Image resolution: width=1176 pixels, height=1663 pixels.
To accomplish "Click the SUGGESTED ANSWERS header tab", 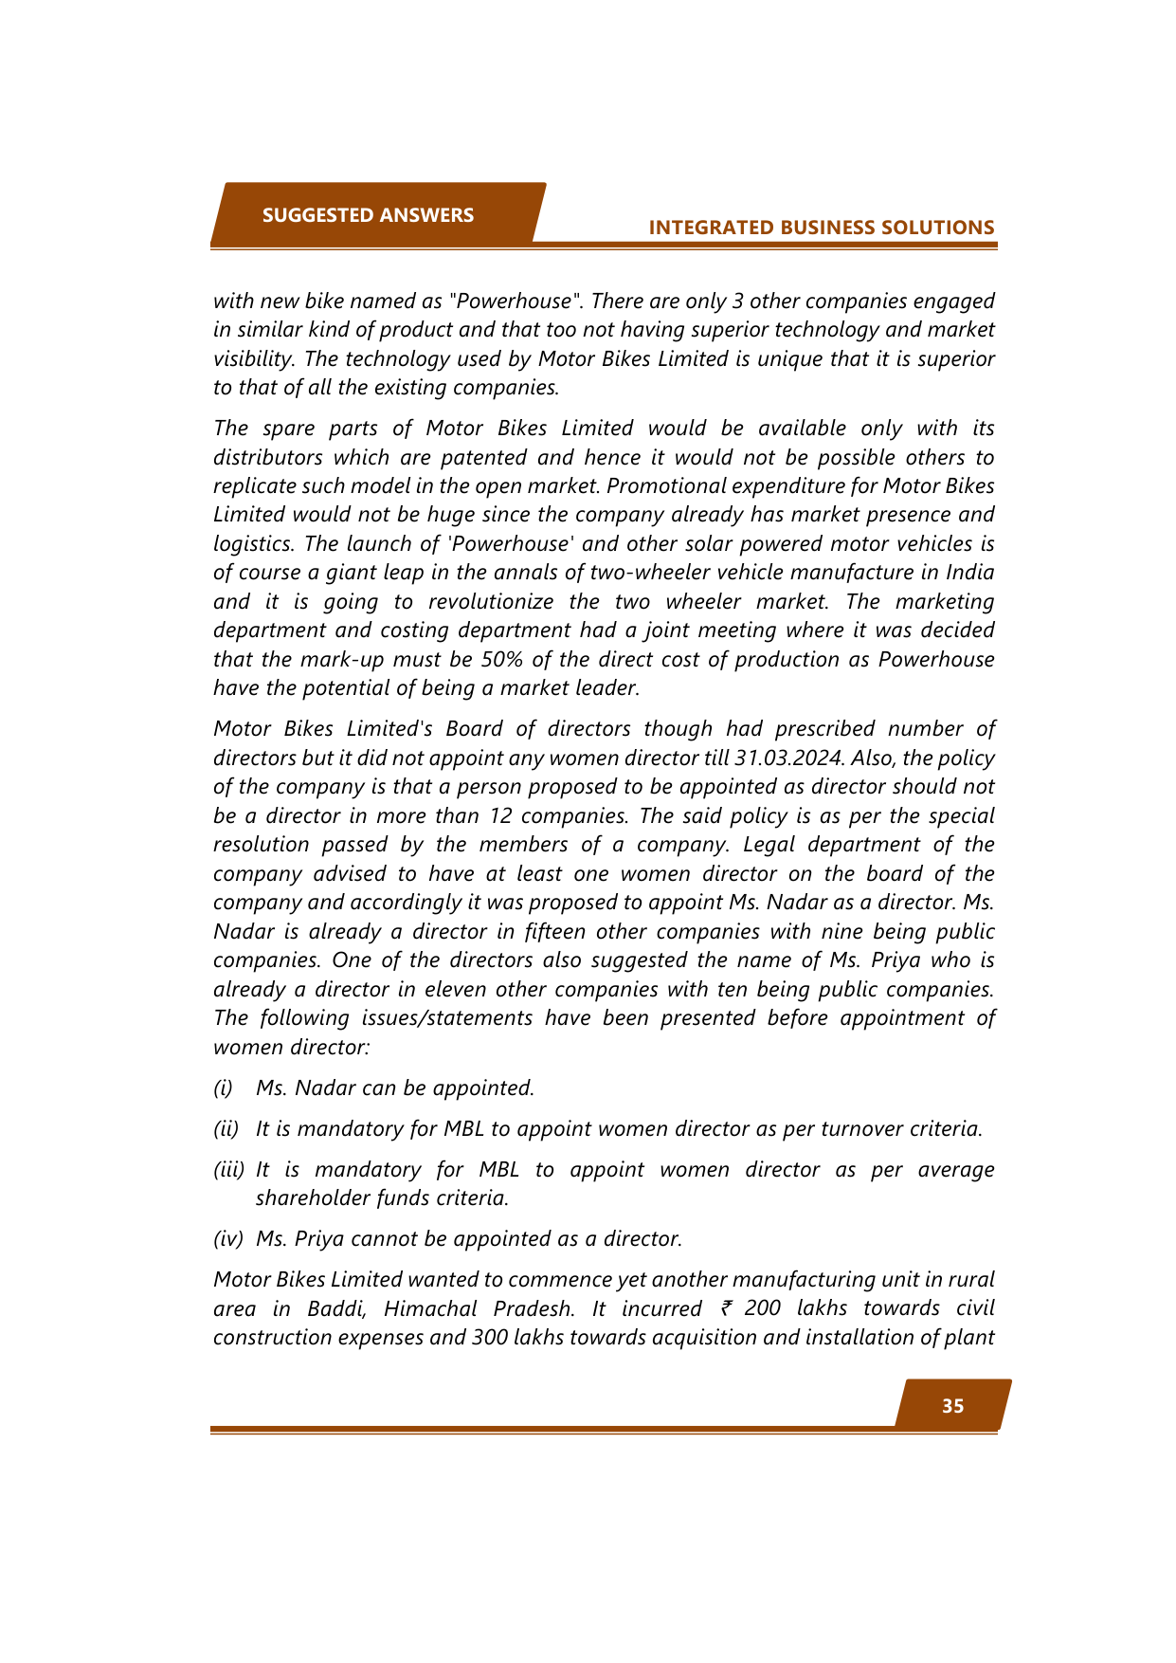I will [x=368, y=215].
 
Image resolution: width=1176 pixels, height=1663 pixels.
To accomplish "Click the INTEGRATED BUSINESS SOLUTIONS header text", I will [x=822, y=228].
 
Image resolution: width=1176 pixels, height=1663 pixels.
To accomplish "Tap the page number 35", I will [x=952, y=1406].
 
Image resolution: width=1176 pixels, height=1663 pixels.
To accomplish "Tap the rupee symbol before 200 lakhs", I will [x=726, y=1308].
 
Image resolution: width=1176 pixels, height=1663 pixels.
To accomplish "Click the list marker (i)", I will [x=223, y=1088].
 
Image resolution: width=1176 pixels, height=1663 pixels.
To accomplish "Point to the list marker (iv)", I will [x=227, y=1239].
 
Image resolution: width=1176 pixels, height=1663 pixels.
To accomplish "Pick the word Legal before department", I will [x=769, y=845].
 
